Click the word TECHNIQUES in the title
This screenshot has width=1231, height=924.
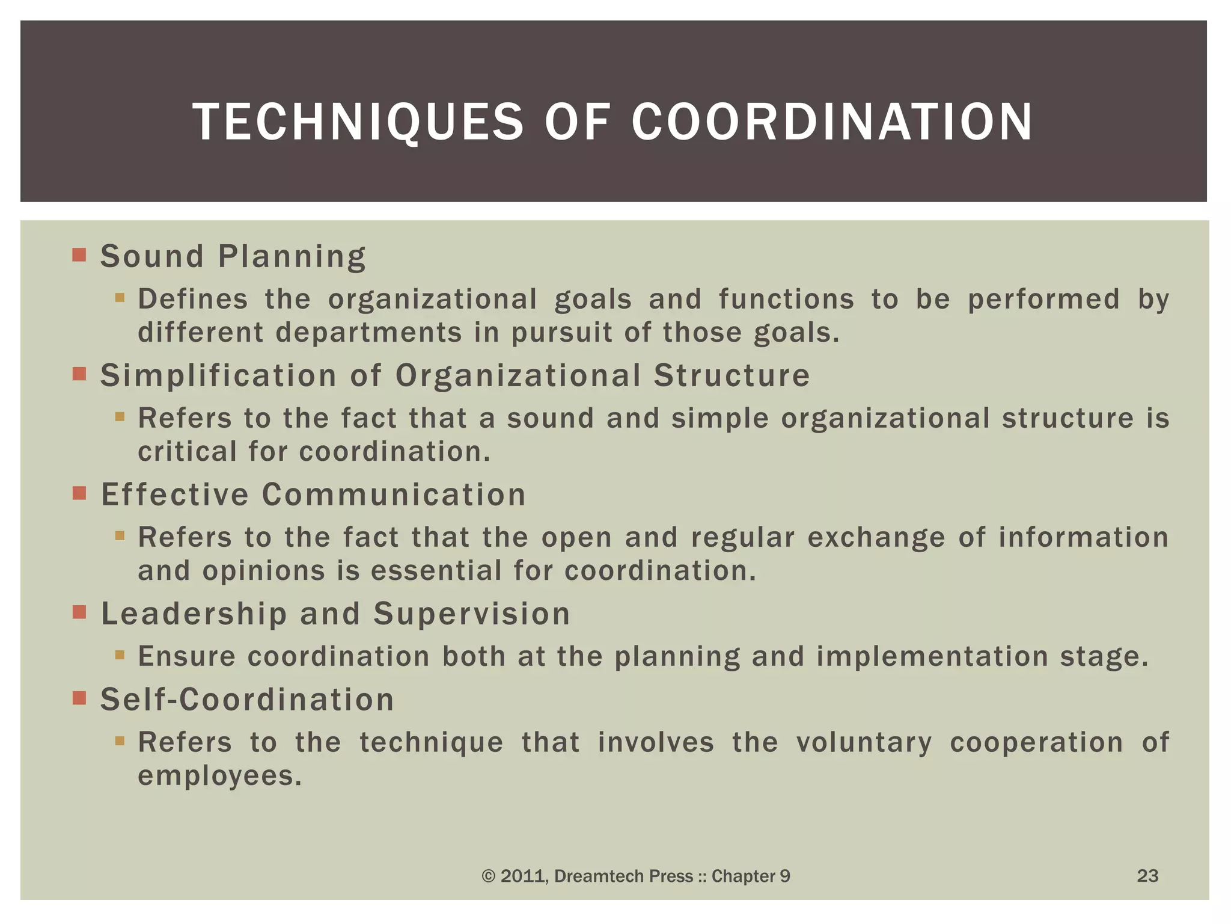(x=358, y=122)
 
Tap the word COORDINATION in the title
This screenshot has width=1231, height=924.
(x=832, y=122)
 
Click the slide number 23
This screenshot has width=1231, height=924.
(x=1147, y=875)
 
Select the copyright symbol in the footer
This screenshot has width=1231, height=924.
(x=488, y=876)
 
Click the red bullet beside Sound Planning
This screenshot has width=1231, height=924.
(x=79, y=254)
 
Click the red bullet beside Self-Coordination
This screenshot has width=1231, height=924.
(x=79, y=698)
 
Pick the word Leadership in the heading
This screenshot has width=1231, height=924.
(x=194, y=614)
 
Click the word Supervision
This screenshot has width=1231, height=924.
(x=471, y=614)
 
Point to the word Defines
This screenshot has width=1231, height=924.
(x=193, y=300)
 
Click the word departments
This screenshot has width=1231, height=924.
(x=369, y=333)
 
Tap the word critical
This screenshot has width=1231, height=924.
(x=188, y=452)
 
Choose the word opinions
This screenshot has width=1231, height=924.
(x=263, y=571)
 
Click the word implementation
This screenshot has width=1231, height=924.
(x=932, y=656)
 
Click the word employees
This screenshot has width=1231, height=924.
(x=219, y=776)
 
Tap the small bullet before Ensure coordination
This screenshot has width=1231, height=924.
(x=120, y=654)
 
